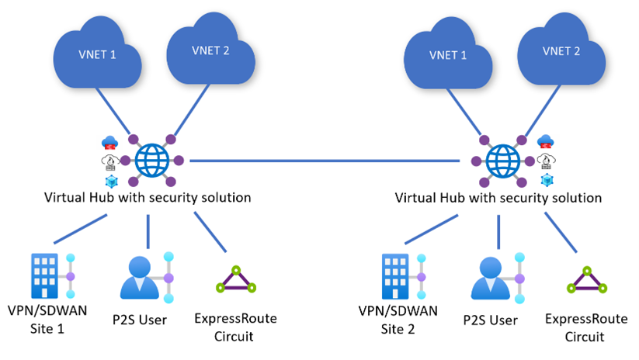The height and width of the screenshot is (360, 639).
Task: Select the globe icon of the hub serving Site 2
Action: [x=504, y=161]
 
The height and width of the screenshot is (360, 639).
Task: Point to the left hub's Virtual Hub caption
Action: [x=148, y=198]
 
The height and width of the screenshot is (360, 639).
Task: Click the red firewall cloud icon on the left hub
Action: [x=109, y=143]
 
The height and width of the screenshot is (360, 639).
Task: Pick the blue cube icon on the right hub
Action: [x=547, y=180]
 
